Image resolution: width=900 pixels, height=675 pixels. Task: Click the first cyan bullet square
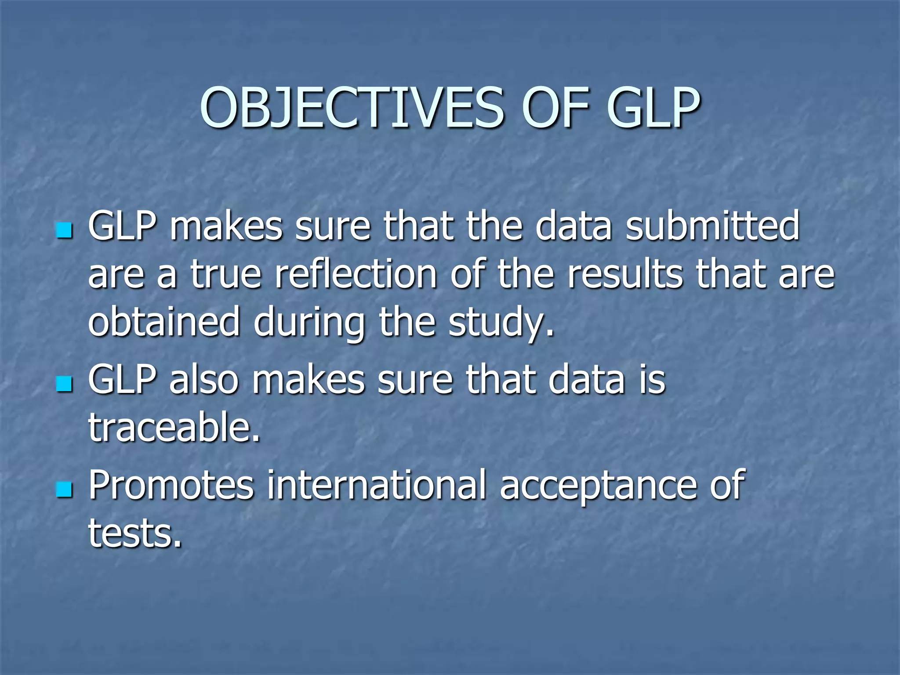(65, 230)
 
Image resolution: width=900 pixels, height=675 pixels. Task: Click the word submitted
(712, 226)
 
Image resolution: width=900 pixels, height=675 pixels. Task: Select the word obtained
(164, 322)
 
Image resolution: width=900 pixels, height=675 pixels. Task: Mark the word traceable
(174, 427)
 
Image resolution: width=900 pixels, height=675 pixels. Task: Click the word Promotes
(171, 486)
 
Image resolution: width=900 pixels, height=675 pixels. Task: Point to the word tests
(134, 533)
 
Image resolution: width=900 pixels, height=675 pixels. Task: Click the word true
(226, 274)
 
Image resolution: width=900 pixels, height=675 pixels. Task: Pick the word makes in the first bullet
(226, 226)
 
